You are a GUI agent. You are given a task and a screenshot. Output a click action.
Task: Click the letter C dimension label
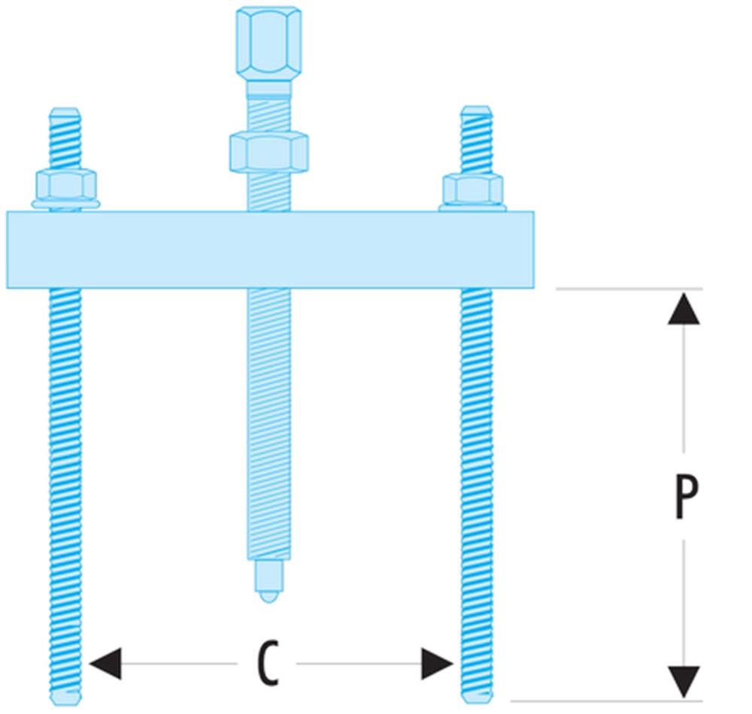(x=267, y=664)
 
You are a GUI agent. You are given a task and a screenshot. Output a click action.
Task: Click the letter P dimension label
(x=685, y=497)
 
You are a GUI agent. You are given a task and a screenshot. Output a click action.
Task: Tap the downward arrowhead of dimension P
(x=684, y=681)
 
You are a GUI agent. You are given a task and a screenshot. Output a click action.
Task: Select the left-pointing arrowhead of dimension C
(x=105, y=664)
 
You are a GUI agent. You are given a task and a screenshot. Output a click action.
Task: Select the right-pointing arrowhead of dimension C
(x=437, y=664)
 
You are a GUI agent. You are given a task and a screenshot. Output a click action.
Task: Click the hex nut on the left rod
(x=65, y=185)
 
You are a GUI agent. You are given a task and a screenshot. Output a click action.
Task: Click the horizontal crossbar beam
(x=271, y=250)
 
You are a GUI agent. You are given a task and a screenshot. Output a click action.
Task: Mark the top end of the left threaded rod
(x=65, y=114)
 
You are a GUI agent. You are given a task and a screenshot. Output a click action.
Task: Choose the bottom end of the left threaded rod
(x=65, y=695)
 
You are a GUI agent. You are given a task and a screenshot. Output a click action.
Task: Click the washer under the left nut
(x=65, y=204)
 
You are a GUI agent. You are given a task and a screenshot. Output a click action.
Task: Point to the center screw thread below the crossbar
(x=268, y=421)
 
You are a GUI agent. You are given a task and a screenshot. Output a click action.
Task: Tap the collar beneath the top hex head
(x=268, y=88)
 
